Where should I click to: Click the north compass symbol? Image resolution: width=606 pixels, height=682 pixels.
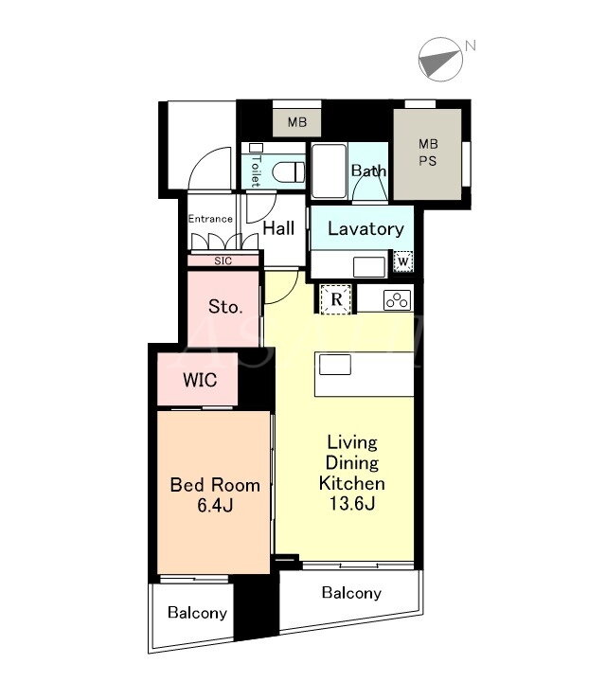coord(439,59)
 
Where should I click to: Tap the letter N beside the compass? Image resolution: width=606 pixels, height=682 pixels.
coord(471,45)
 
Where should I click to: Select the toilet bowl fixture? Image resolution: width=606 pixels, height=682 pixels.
coord(289,172)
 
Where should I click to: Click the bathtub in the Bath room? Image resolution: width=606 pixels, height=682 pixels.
coord(330,170)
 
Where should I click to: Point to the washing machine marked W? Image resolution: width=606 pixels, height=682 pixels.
coord(403,261)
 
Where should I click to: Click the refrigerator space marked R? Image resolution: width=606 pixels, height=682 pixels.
coord(336,299)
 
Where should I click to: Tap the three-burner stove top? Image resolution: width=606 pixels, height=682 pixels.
coord(398,300)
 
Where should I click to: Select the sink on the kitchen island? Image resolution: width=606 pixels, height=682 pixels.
coord(335,365)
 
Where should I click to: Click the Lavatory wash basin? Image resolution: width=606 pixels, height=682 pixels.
coord(369,266)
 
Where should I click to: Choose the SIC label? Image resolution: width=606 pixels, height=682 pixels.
coord(223,261)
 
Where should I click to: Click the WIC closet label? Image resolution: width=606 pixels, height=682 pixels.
coord(200,380)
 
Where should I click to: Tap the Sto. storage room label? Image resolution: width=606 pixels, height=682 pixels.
coord(225,307)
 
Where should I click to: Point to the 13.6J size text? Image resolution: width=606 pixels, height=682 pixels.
coord(352,504)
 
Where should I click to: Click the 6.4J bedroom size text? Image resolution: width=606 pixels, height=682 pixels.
coord(215,506)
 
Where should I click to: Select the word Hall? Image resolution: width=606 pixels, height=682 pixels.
coord(278,228)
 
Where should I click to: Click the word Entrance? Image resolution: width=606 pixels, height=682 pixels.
coord(210,219)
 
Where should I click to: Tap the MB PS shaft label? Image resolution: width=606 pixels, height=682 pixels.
coord(428,153)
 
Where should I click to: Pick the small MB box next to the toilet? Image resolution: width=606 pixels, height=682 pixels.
coord(297,122)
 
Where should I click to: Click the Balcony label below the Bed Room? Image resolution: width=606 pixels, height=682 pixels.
coord(197,613)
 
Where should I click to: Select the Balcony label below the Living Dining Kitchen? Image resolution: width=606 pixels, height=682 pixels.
coord(351,593)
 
